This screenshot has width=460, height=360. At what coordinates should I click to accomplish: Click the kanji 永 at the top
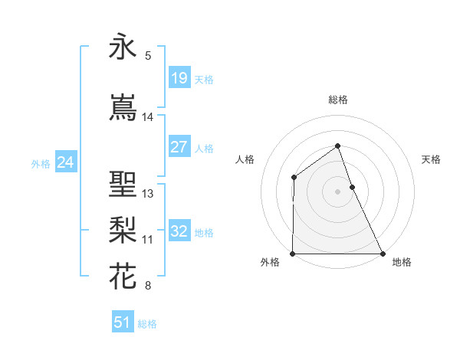point(123,47)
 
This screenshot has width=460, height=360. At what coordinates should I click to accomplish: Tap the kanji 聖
point(123,185)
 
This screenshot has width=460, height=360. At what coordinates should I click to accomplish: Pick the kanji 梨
point(123,231)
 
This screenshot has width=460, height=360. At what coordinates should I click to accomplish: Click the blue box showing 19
point(179,78)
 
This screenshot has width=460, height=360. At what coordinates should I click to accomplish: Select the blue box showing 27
point(179,147)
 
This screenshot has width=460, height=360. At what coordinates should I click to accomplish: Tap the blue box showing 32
point(179,231)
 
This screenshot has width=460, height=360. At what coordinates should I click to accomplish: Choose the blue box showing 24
point(65,162)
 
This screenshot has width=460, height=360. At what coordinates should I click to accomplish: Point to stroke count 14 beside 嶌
point(148,117)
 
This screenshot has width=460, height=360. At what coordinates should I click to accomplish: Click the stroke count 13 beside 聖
point(148,194)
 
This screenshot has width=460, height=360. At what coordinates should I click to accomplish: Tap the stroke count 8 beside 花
point(148,286)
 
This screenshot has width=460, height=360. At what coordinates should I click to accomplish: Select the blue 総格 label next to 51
point(147,324)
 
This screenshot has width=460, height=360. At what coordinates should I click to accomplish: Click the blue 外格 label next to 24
point(41,163)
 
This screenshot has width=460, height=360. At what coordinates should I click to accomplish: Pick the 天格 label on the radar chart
point(432,159)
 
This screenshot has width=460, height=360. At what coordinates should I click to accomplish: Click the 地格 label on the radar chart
point(402,262)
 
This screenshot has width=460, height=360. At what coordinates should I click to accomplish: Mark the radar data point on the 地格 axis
point(382,254)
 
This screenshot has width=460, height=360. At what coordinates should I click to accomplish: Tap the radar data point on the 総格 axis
point(337,146)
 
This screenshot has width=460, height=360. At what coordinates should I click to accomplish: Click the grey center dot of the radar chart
point(337,191)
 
